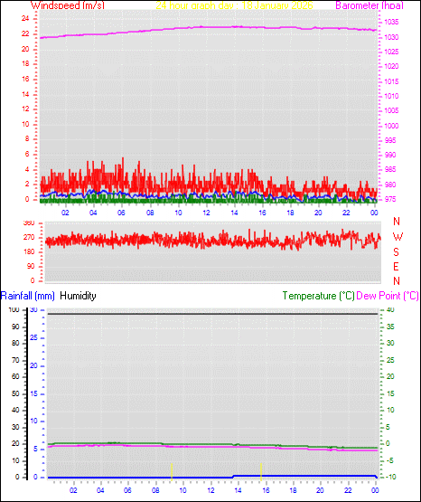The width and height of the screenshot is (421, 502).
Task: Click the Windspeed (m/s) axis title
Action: click(68, 5)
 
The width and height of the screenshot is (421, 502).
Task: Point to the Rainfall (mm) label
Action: click(28, 296)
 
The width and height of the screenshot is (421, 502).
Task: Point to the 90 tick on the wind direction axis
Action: click(30, 266)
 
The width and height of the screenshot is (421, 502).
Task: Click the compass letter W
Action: click(398, 237)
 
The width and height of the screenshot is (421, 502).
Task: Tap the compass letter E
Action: click(398, 266)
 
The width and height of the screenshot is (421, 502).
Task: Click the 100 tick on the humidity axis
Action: click(14, 310)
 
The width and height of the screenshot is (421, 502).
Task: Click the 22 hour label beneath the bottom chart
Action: click(346, 491)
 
